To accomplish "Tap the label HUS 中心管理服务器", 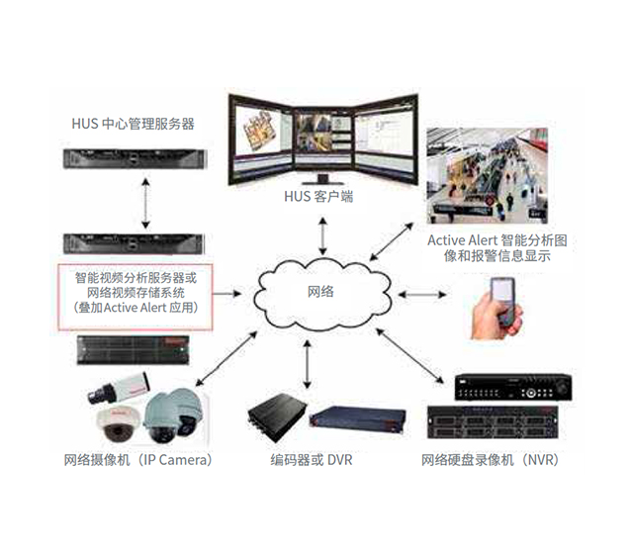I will click(133, 125).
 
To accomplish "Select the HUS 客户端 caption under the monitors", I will click(318, 197).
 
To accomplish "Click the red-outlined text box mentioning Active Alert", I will click(136, 293).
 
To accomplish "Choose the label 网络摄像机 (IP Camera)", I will click(137, 461).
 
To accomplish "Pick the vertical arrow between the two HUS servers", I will click(145, 204).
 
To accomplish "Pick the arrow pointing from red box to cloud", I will click(231, 293).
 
